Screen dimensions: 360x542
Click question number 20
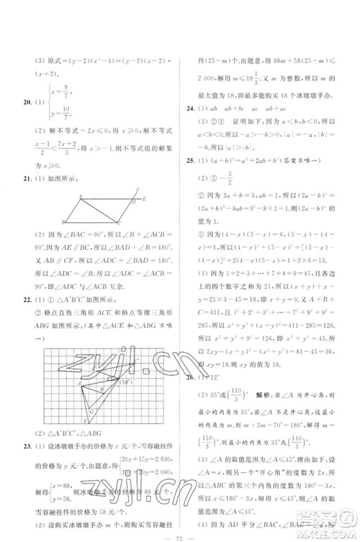(27, 103)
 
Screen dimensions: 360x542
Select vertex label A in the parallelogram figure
(80, 196)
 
